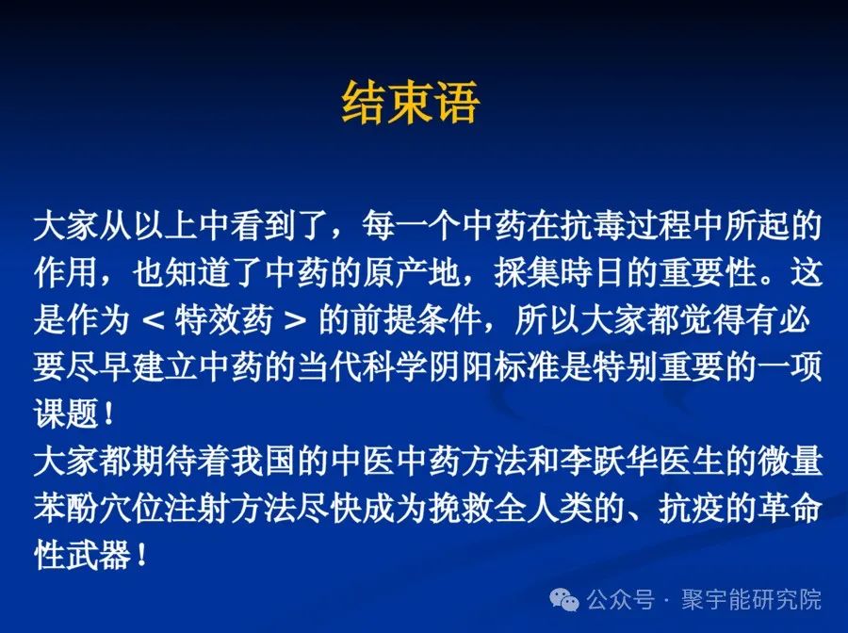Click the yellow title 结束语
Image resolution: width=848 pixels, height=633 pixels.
[x=410, y=104]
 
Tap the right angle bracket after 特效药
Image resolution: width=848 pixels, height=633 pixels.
[x=293, y=322]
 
